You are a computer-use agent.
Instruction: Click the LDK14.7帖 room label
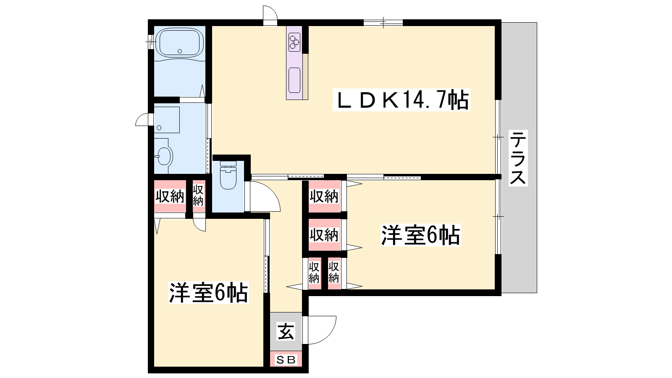401,100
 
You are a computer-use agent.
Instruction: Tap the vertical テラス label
518,158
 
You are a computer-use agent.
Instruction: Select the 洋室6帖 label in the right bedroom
420,235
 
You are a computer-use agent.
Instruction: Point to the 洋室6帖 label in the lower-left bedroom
208,292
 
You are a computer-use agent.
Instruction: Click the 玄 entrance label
286,331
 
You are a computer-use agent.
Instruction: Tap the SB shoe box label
286,360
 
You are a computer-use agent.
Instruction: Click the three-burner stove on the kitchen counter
294,42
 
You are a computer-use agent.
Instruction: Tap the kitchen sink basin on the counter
294,80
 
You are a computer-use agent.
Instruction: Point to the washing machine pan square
167,120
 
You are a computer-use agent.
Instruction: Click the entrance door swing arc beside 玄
320,330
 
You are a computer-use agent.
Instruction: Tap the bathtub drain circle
180,51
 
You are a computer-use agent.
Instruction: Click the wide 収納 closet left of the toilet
170,196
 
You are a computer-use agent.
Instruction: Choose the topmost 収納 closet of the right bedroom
325,196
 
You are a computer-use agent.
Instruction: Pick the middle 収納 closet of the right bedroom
325,235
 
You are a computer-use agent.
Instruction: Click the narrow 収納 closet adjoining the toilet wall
199,196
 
